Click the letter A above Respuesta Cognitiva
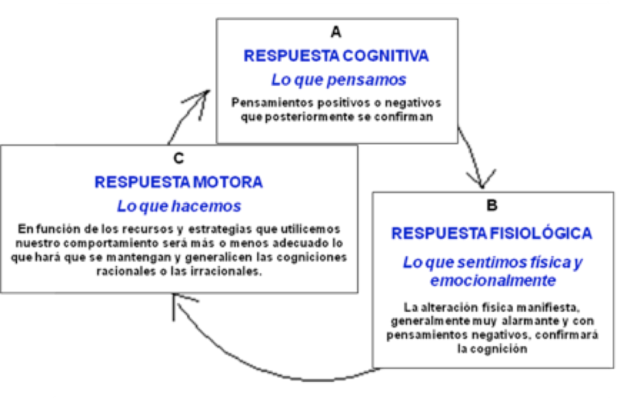(x=336, y=32)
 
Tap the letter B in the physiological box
(x=492, y=205)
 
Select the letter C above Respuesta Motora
(x=179, y=158)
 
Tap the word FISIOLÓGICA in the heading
(x=541, y=233)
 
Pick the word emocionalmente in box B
(x=493, y=281)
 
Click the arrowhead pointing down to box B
(x=481, y=179)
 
